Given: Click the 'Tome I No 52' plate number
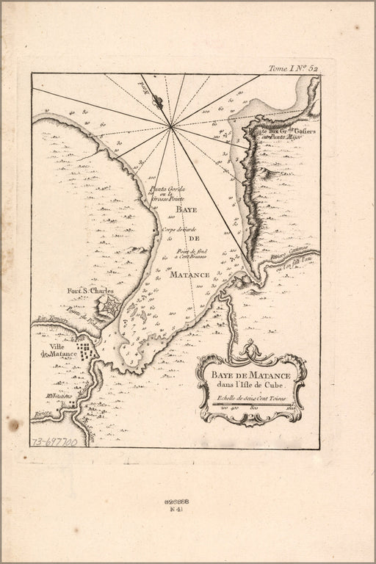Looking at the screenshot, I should tap(293, 68).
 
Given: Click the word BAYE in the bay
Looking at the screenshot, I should tap(187, 209).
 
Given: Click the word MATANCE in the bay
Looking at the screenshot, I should tap(193, 274).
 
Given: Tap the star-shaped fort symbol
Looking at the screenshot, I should tap(108, 305).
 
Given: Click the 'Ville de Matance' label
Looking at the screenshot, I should tap(59, 350).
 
